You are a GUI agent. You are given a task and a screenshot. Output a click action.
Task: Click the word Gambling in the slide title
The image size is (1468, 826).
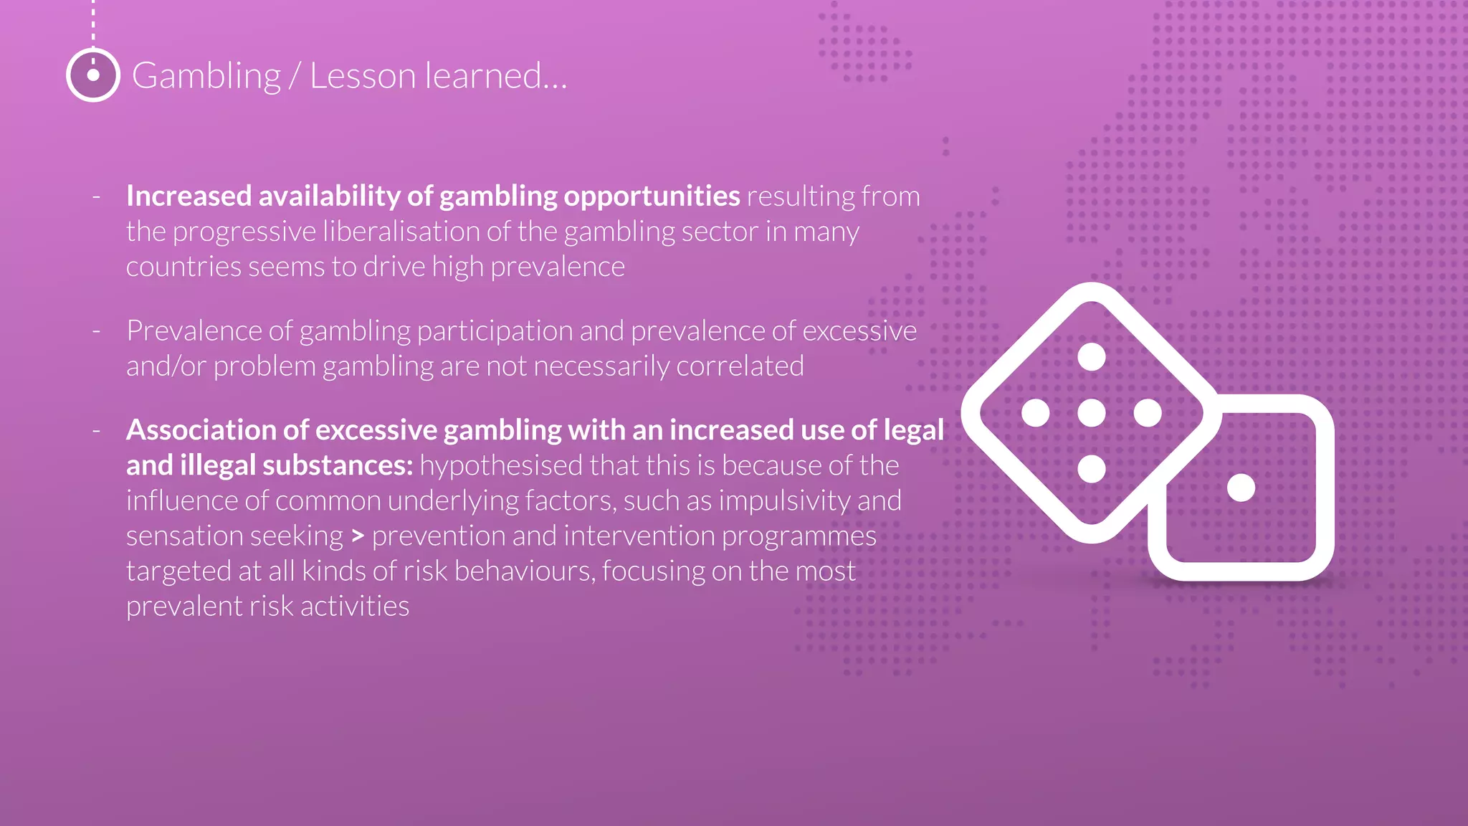(x=206, y=76)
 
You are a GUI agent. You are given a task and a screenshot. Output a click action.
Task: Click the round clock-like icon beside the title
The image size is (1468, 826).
(x=93, y=75)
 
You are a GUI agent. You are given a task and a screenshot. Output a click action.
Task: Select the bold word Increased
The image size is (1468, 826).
(x=189, y=196)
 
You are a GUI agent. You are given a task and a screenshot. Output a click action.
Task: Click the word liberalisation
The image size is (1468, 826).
(x=416, y=232)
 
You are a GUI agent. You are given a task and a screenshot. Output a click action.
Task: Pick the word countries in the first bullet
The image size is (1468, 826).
(x=183, y=267)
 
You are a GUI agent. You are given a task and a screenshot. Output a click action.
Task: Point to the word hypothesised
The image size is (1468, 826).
(x=500, y=465)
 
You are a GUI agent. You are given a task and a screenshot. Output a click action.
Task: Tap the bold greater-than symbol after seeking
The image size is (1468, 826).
(x=358, y=536)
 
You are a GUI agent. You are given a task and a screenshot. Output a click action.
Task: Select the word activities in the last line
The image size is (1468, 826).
(x=355, y=607)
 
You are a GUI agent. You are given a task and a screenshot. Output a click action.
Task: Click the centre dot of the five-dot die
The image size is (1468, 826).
(x=1092, y=413)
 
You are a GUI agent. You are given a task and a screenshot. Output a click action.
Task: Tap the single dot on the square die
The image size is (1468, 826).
(x=1241, y=488)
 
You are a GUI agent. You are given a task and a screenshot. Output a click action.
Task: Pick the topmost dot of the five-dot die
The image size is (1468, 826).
(x=1092, y=356)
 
